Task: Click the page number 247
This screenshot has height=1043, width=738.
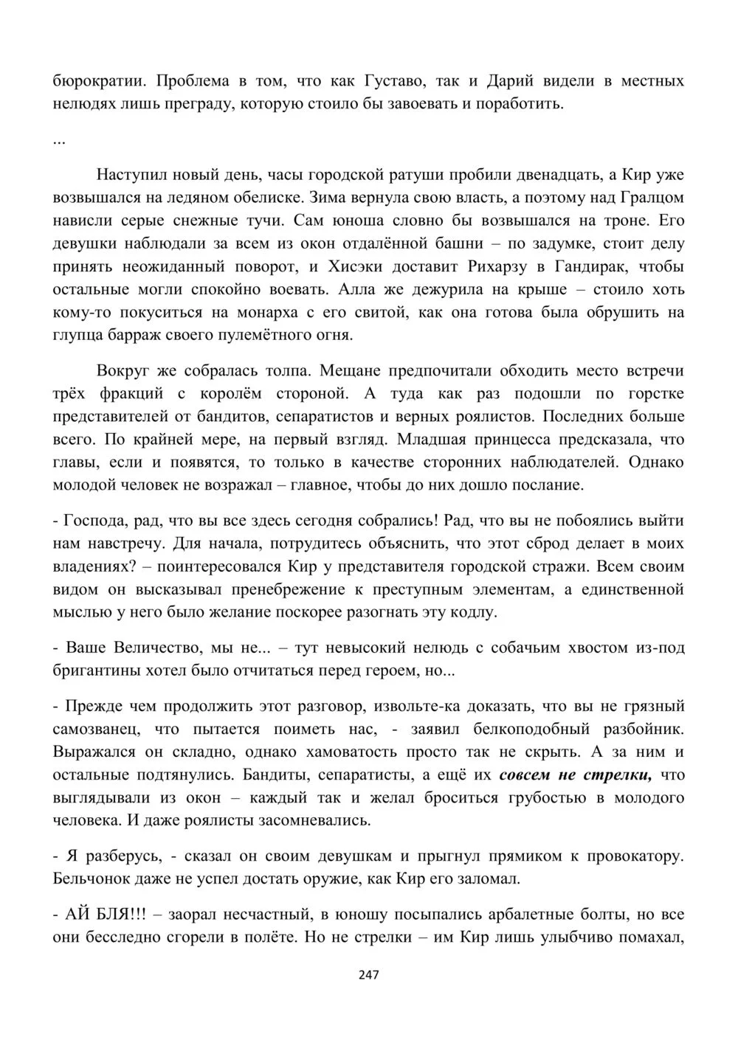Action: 368,975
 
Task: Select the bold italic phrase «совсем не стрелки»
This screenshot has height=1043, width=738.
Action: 576,775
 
